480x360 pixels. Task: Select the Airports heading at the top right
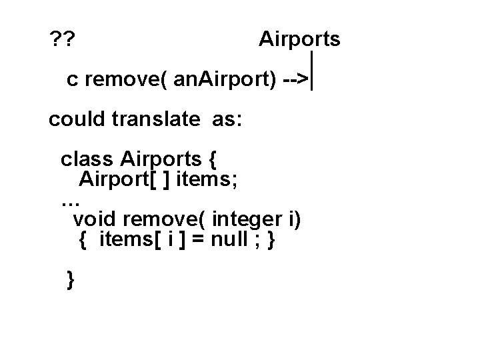coord(299,39)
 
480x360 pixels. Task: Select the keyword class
coord(87,160)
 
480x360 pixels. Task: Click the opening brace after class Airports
coord(212,160)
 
